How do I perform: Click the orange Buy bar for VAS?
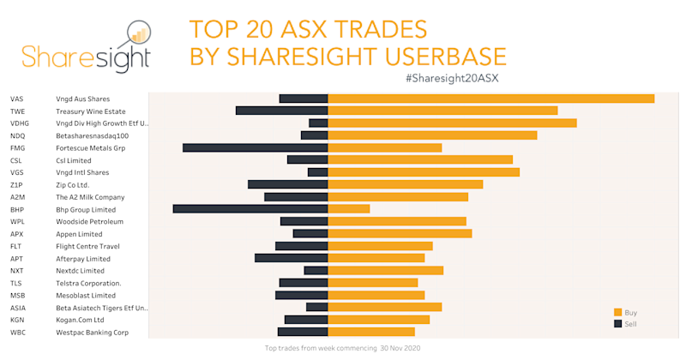tap(491, 99)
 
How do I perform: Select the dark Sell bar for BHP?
tap(250, 209)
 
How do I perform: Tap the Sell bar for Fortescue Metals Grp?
tap(256, 147)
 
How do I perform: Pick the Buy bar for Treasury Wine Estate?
tap(442, 111)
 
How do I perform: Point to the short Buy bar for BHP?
tap(349, 209)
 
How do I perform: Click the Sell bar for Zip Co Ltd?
tap(288, 184)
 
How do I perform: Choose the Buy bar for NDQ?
tap(432, 135)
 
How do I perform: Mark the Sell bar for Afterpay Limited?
tap(292, 258)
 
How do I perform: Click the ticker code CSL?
tap(16, 160)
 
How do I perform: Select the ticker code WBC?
tap(17, 332)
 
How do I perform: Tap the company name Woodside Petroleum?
tap(89, 221)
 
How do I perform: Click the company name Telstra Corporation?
tap(88, 283)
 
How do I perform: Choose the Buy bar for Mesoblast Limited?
tap(376, 295)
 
